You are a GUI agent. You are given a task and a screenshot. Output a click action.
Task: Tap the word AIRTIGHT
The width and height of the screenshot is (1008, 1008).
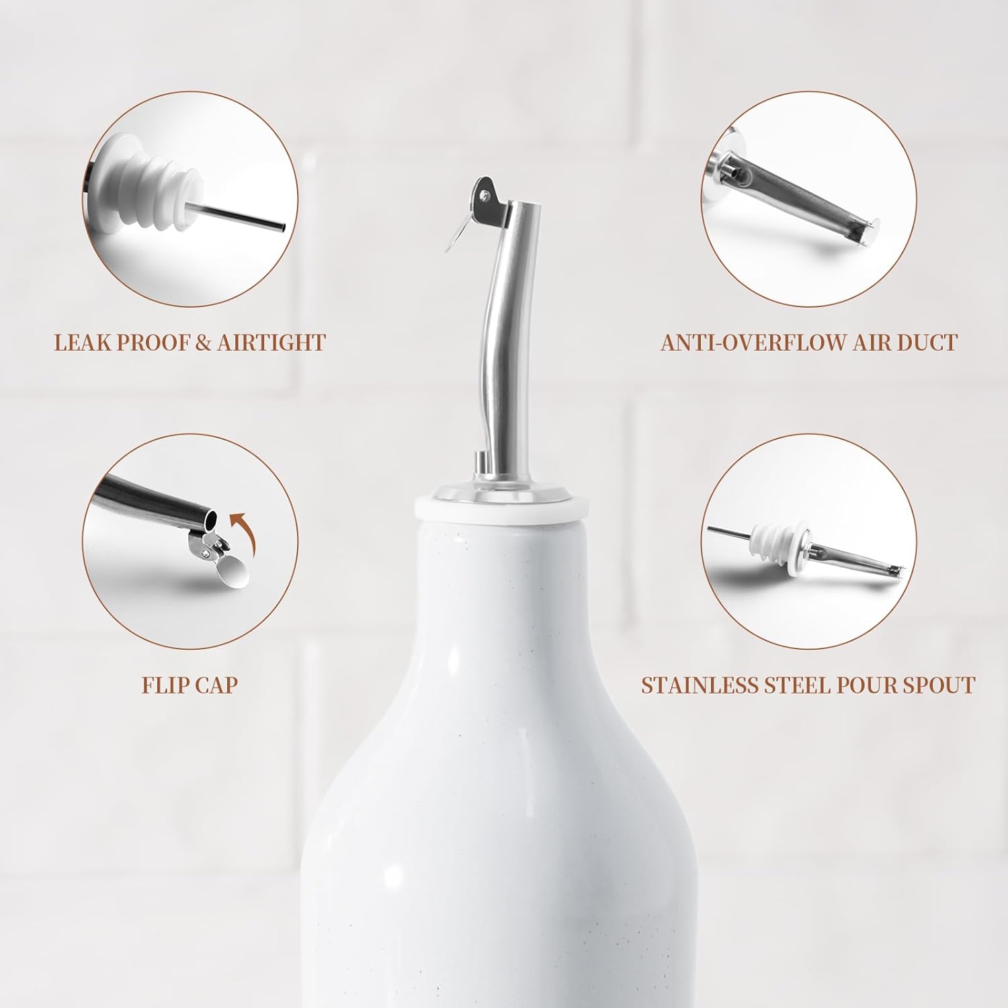271,342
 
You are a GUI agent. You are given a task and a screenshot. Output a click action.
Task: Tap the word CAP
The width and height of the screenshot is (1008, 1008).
216,685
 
